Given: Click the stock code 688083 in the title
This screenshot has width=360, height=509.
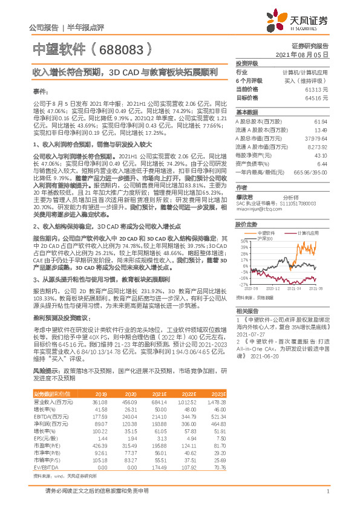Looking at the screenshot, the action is click(121, 49).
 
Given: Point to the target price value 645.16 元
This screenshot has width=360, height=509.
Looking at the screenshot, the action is click(317, 97).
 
